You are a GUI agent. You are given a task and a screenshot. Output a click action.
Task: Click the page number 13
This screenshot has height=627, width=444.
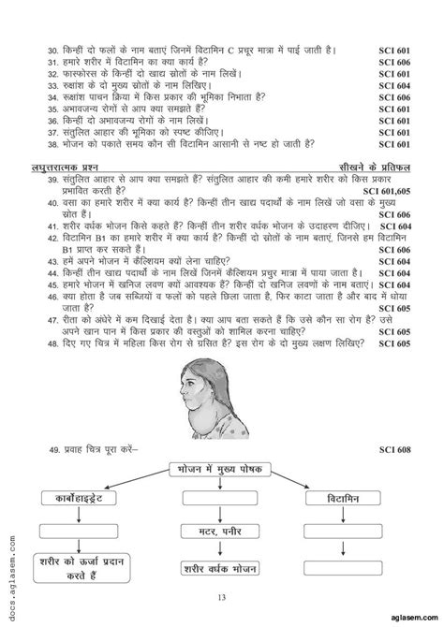tap(221, 608)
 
